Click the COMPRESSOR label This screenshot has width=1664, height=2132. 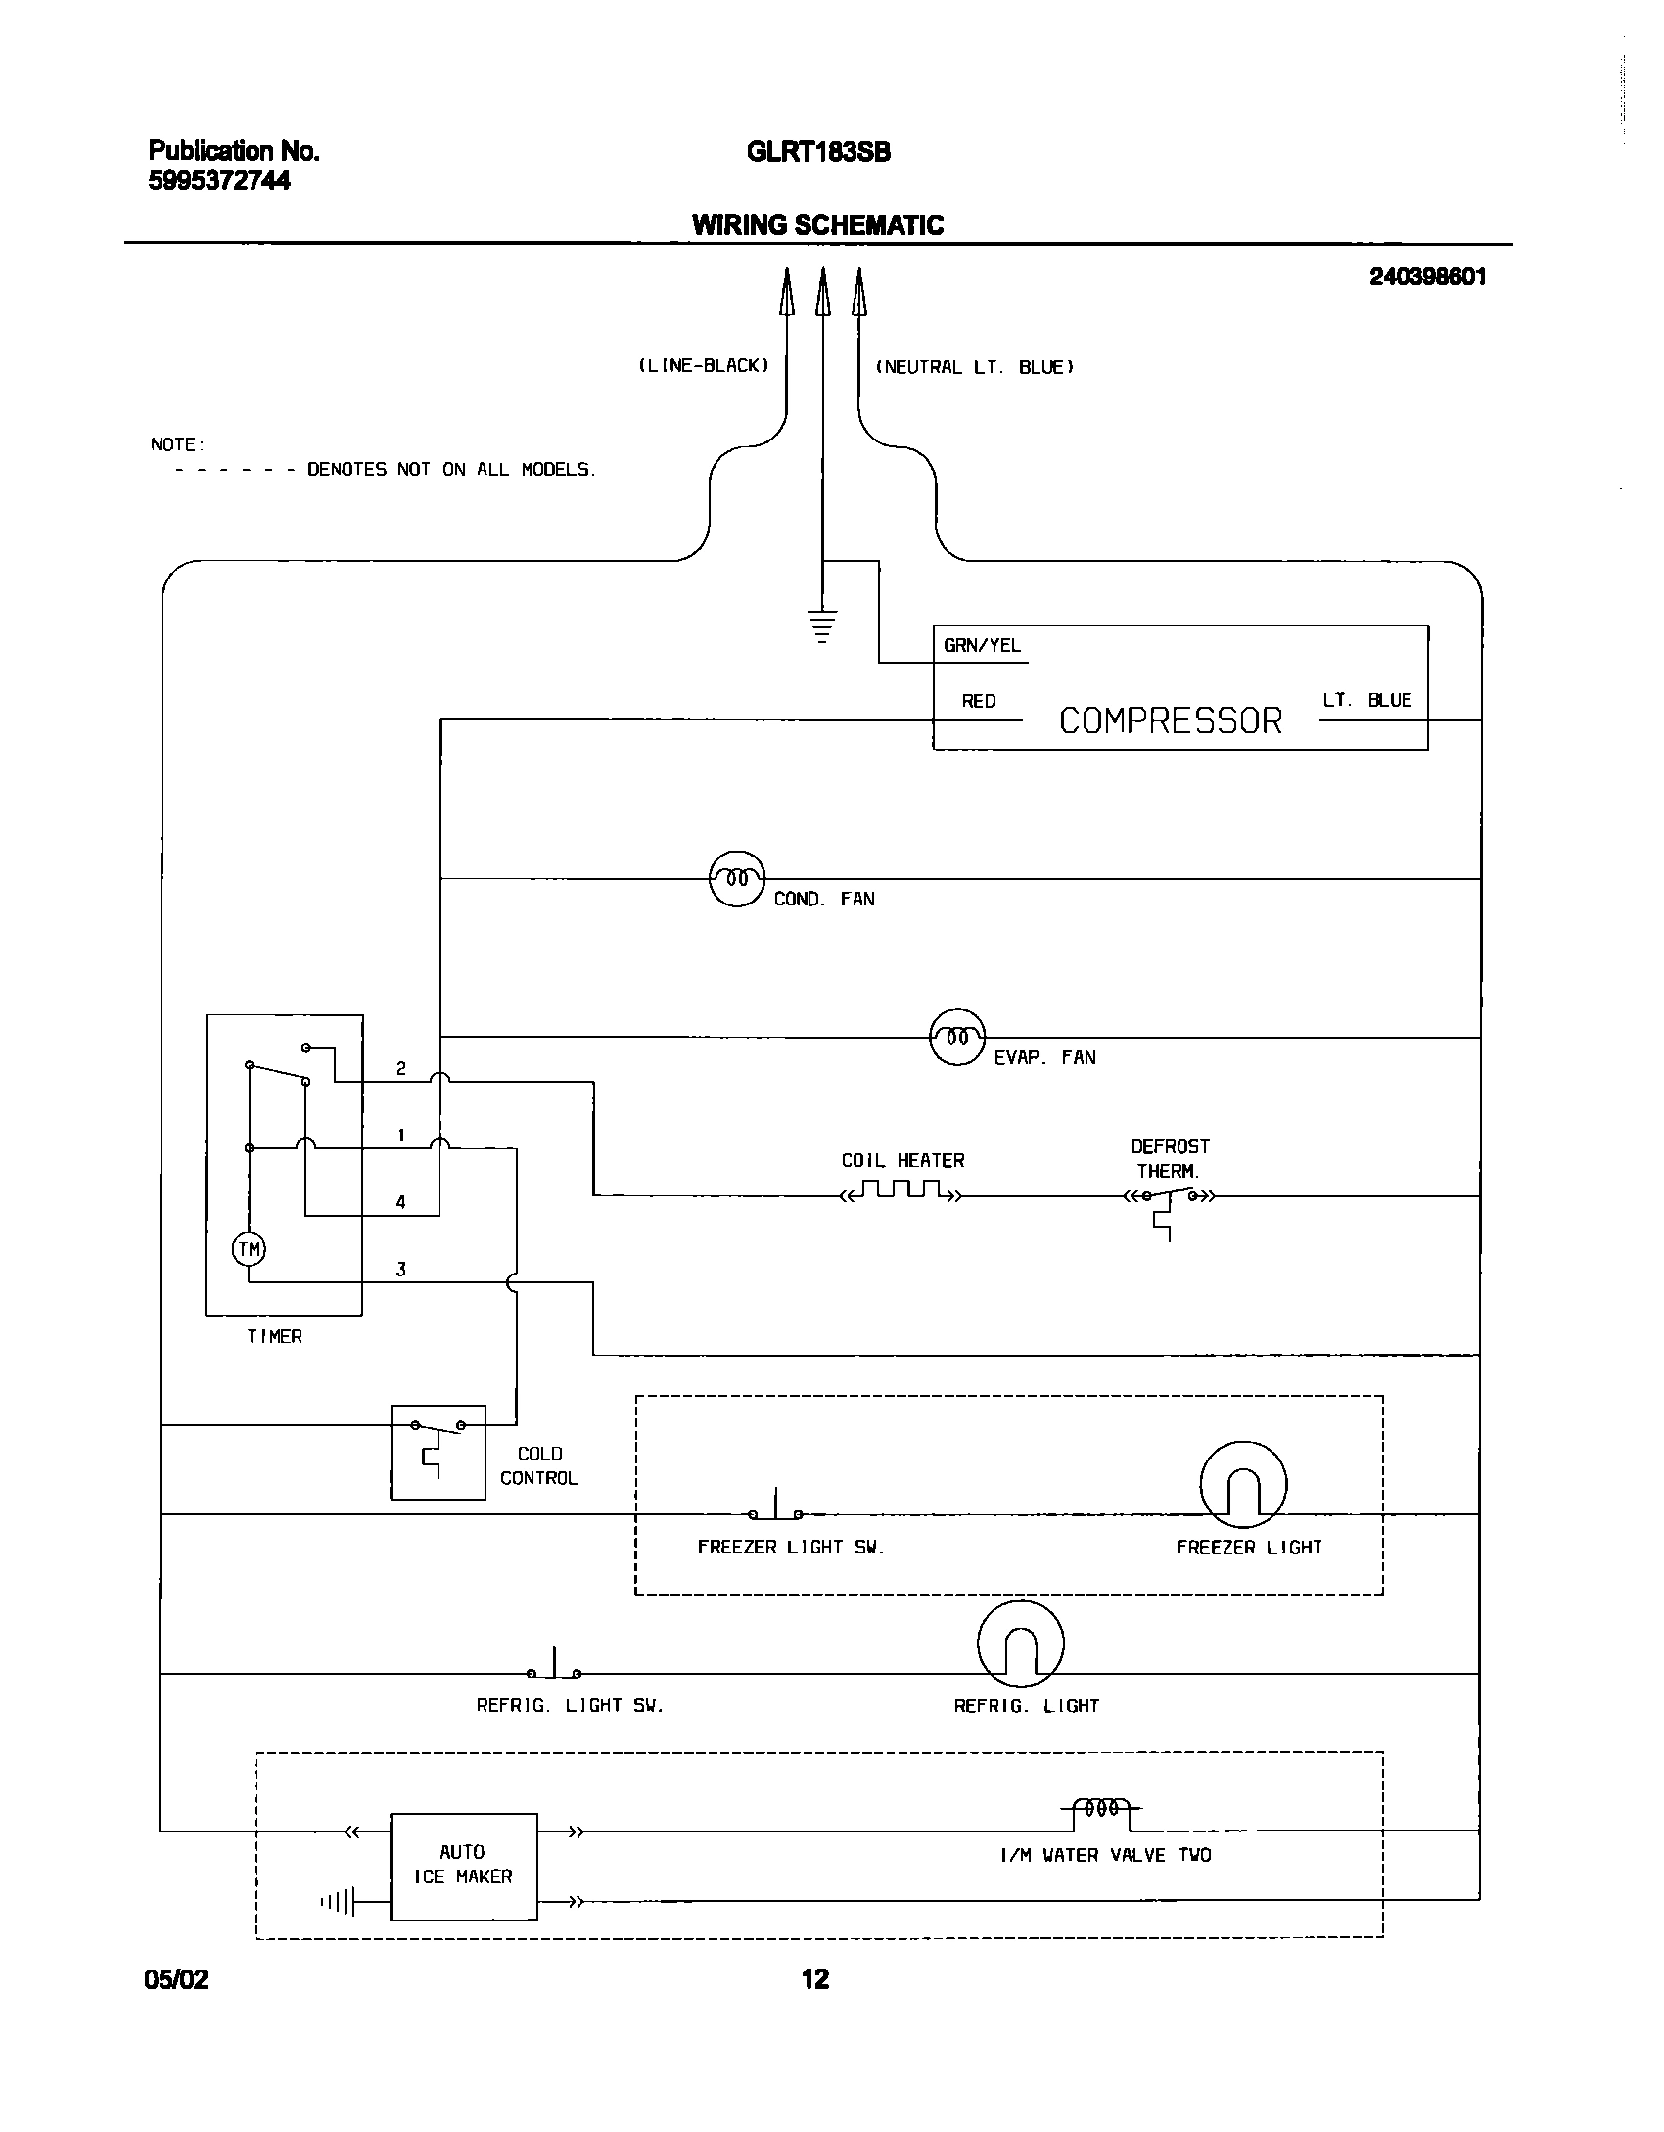(x=1170, y=721)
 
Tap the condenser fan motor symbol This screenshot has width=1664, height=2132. (x=736, y=878)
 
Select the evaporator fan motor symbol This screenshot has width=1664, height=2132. (x=956, y=1037)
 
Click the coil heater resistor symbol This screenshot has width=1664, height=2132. (x=901, y=1191)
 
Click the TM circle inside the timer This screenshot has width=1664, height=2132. (x=249, y=1249)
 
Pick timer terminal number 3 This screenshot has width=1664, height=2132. (x=400, y=1270)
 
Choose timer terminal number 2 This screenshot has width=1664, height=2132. (x=400, y=1068)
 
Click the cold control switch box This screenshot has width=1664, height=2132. (x=438, y=1452)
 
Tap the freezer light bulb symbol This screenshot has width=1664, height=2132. (x=1243, y=1484)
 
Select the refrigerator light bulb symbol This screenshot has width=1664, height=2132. (x=1020, y=1644)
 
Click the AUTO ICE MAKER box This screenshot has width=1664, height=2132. (x=463, y=1865)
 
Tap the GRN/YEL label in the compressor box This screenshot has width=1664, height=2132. (x=981, y=646)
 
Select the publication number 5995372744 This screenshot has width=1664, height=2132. (x=219, y=182)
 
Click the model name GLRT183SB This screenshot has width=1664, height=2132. (x=818, y=153)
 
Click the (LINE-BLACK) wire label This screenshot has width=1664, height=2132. (x=704, y=366)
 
